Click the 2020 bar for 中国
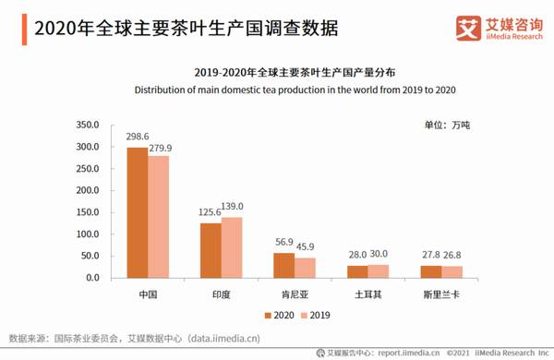137,212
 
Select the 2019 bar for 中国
157,217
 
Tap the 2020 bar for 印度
211,250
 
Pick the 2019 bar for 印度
231,247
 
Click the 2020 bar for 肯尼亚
283,266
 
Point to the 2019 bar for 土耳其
378,271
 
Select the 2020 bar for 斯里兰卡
430,271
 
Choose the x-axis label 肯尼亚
295,294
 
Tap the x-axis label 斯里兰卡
440,294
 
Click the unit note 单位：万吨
446,124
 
